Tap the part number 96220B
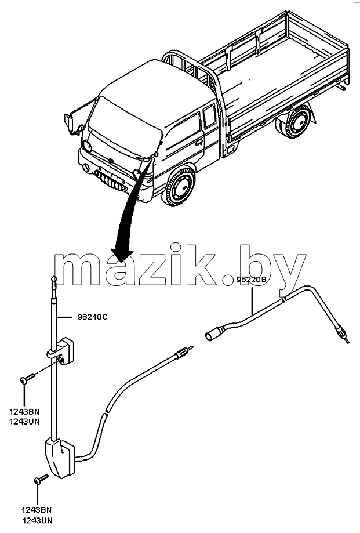[x=252, y=280]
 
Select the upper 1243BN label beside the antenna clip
[x=24, y=412]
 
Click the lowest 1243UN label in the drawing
[x=37, y=520]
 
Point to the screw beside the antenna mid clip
[x=27, y=378]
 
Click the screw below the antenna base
[x=41, y=478]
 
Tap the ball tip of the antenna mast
[x=54, y=280]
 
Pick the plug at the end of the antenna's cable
[x=184, y=352]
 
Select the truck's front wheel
[x=179, y=186]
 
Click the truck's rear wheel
[x=295, y=122]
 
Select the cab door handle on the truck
[x=199, y=142]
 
